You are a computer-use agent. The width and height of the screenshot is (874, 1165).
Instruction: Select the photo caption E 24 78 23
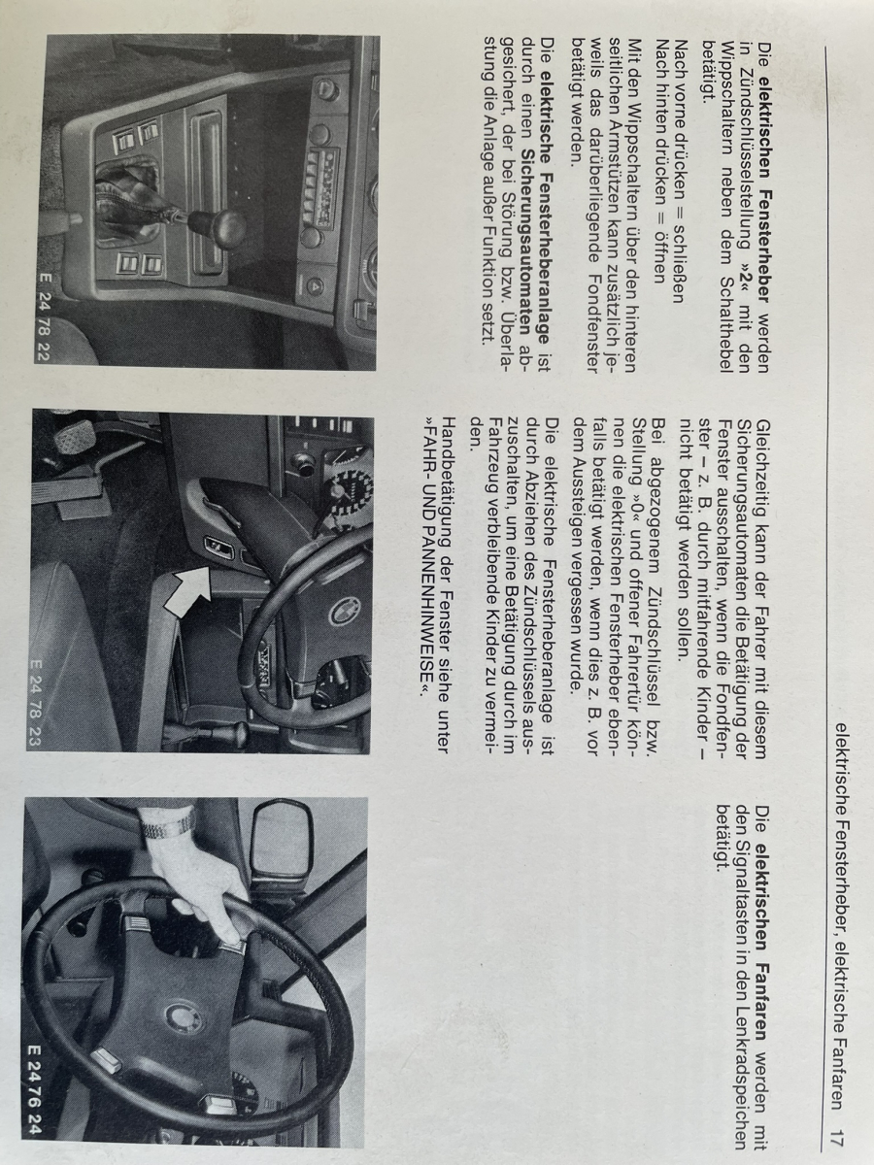(x=35, y=702)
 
